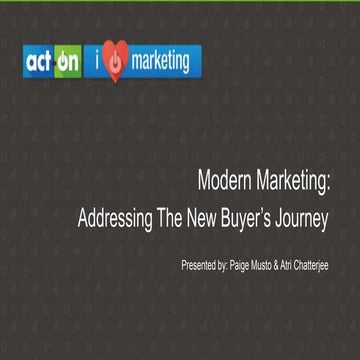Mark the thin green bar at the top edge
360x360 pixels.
click(180, 2)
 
